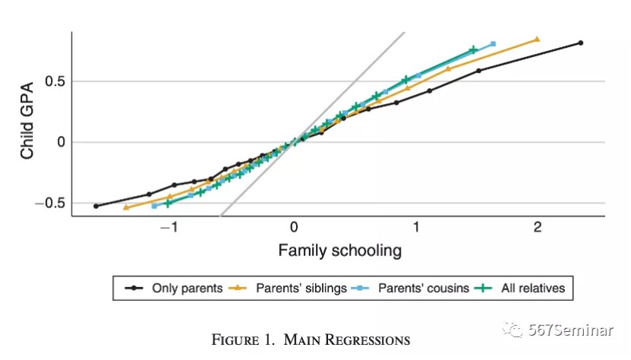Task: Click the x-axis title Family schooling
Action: coord(339,250)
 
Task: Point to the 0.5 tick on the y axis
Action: coord(55,81)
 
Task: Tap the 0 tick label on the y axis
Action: coord(61,142)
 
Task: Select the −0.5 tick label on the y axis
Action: coord(50,203)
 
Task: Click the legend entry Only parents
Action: coord(186,288)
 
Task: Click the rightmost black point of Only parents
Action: coord(581,43)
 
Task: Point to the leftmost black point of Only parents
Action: coord(96,206)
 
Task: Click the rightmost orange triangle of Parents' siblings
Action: coord(537,39)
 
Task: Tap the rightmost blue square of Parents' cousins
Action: coord(494,43)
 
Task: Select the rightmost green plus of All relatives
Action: coord(473,50)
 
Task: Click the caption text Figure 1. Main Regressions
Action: coord(310,339)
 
